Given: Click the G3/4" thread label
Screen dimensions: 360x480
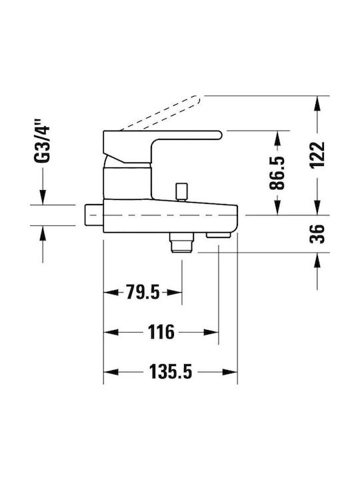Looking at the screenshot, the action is tap(42, 141).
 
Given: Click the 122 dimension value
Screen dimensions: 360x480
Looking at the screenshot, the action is tap(317, 155).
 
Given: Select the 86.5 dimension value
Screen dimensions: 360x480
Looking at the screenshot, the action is tap(277, 173).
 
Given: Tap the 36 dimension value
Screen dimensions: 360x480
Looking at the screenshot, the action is tap(317, 234).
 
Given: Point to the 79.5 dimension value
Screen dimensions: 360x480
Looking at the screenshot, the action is tap(143, 293).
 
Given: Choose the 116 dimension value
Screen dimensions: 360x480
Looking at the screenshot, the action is tap(161, 332).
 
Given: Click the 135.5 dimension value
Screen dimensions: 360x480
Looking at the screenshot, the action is tap(171, 372).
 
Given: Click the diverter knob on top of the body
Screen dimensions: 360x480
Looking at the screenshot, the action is tap(181, 191).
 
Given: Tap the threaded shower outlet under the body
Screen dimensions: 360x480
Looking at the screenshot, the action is tap(183, 243).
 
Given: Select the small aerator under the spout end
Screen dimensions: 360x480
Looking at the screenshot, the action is tap(218, 235).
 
